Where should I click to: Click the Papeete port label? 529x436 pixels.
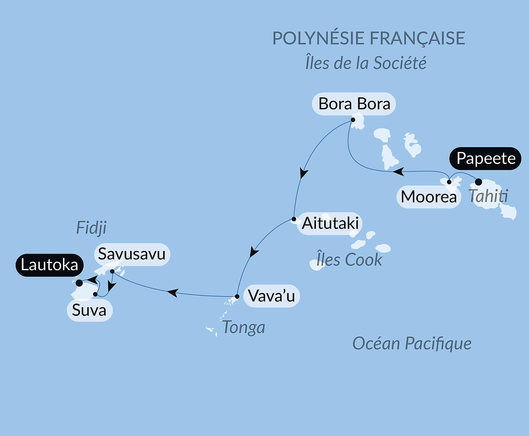[486, 158]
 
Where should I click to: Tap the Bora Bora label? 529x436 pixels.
[354, 104]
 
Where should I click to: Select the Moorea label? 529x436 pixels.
[429, 197]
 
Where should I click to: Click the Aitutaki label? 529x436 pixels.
[330, 223]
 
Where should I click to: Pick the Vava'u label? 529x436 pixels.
[272, 296]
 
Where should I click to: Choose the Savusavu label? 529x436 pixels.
[132, 254]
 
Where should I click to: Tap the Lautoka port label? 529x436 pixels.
[49, 265]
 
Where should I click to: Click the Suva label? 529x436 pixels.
[89, 310]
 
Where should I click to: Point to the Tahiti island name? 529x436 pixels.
[488, 196]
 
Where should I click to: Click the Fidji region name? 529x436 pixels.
[91, 228]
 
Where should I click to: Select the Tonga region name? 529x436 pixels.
[244, 327]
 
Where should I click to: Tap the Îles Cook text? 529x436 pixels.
[349, 260]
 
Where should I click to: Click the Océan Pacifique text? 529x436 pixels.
[412, 343]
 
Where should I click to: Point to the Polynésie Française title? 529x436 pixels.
[369, 38]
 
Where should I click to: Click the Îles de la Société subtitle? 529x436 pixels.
[366, 63]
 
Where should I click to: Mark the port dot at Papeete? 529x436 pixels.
[478, 182]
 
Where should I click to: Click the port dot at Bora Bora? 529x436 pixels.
[353, 120]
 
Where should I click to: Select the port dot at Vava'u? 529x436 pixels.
[237, 296]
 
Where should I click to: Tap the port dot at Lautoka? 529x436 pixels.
[79, 283]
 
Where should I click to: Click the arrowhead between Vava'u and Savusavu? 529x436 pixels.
[172, 293]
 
